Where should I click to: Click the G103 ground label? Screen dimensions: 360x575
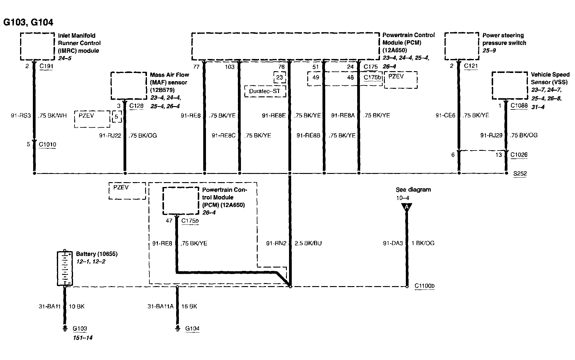coord(80,328)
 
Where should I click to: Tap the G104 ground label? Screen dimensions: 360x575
coord(192,328)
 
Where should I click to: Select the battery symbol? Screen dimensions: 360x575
coord(65,268)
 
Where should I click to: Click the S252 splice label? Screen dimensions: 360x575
coord(520,174)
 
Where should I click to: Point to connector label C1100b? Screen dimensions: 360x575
coord(424,286)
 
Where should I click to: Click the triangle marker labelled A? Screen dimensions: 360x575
coord(407,207)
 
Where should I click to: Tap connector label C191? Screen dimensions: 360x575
coord(46,66)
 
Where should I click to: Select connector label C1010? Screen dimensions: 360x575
coord(47,144)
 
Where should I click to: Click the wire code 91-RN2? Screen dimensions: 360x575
coord(276,243)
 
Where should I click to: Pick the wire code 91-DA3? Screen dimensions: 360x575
coord(393,243)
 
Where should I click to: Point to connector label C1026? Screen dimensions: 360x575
coord(519,155)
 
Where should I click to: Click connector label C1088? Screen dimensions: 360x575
coord(519,106)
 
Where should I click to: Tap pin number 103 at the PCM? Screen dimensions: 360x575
coord(230,67)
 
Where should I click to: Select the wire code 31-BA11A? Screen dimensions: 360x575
coord(160,306)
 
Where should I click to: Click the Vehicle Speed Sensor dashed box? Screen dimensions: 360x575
coord(510,85)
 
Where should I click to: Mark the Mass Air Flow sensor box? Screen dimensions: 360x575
coord(128,85)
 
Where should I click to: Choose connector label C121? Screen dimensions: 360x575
coord(471,66)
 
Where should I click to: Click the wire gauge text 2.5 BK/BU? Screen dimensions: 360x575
coord(308,243)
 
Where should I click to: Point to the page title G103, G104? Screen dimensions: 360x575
coord(28,22)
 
